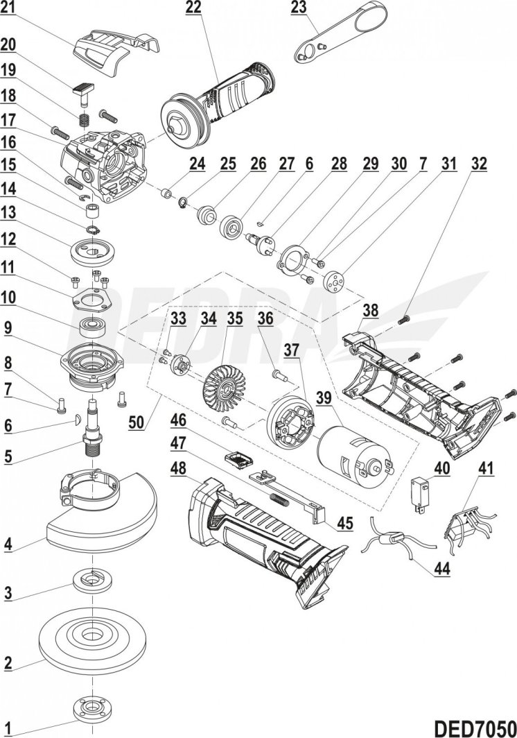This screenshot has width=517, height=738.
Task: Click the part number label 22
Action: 193,9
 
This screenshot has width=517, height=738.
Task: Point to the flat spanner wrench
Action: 337,35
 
